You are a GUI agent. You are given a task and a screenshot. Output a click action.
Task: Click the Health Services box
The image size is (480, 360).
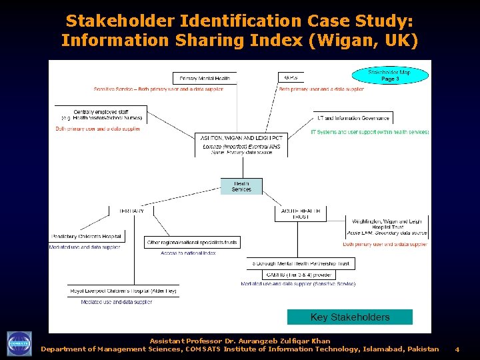pyautogui.click(x=241, y=186)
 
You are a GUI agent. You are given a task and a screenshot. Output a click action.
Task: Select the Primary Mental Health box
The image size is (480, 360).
pyautogui.click(x=205, y=78)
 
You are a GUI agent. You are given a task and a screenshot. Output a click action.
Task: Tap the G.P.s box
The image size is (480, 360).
pyautogui.click(x=290, y=77)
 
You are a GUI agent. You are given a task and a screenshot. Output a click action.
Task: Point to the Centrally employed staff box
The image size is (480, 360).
pyautogui.click(x=101, y=115)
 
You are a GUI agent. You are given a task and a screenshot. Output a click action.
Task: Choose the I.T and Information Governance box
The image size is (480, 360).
pyautogui.click(x=353, y=118)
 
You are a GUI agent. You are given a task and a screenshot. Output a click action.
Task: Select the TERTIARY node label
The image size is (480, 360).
pyautogui.click(x=131, y=211)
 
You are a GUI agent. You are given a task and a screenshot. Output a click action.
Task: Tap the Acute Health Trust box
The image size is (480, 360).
pyautogui.click(x=301, y=213)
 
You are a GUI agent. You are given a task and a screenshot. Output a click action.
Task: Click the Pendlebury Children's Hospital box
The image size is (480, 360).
pyautogui.click(x=87, y=237)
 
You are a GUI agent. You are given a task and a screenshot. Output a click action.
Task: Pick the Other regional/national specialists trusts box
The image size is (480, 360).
pyautogui.click(x=192, y=243)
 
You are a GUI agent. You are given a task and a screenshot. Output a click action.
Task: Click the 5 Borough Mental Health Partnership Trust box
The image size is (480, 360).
pyautogui.click(x=301, y=264)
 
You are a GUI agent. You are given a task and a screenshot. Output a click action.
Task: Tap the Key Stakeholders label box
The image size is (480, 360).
pyautogui.click(x=350, y=317)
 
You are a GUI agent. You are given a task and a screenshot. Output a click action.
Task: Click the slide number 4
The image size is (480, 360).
pyautogui.click(x=457, y=349)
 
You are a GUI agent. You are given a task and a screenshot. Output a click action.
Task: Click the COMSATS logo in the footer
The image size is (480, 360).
pyautogui.click(x=19, y=344)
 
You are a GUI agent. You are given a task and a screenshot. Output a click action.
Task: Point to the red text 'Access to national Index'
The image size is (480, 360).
pyautogui.click(x=188, y=253)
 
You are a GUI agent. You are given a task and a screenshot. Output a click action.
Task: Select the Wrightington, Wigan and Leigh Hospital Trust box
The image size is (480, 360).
pyautogui.click(x=387, y=227)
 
